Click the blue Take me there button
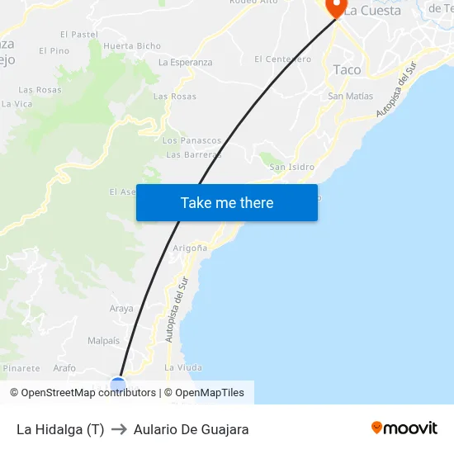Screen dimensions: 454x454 (226, 202)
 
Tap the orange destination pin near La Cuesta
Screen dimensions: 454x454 (336, 7)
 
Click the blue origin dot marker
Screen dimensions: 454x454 (118, 384)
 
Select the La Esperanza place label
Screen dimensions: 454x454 (185, 63)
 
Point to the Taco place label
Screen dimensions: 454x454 (347, 70)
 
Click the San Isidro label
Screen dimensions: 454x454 (292, 167)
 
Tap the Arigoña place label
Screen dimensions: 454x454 (189, 248)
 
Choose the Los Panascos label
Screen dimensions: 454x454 (192, 141)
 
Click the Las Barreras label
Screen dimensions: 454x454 (193, 154)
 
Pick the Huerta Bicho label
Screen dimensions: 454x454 (132, 46)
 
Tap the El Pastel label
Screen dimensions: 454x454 (78, 35)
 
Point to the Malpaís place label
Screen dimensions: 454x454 (103, 340)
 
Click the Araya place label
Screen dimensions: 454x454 (121, 309)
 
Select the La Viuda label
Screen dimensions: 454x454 (183, 367)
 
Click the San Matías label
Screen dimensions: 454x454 (350, 97)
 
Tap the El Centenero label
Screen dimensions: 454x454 (282, 59)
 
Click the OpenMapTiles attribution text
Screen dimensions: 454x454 (210, 393)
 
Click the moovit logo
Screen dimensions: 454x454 (404, 428)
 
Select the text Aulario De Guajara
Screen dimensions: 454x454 (191, 429)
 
